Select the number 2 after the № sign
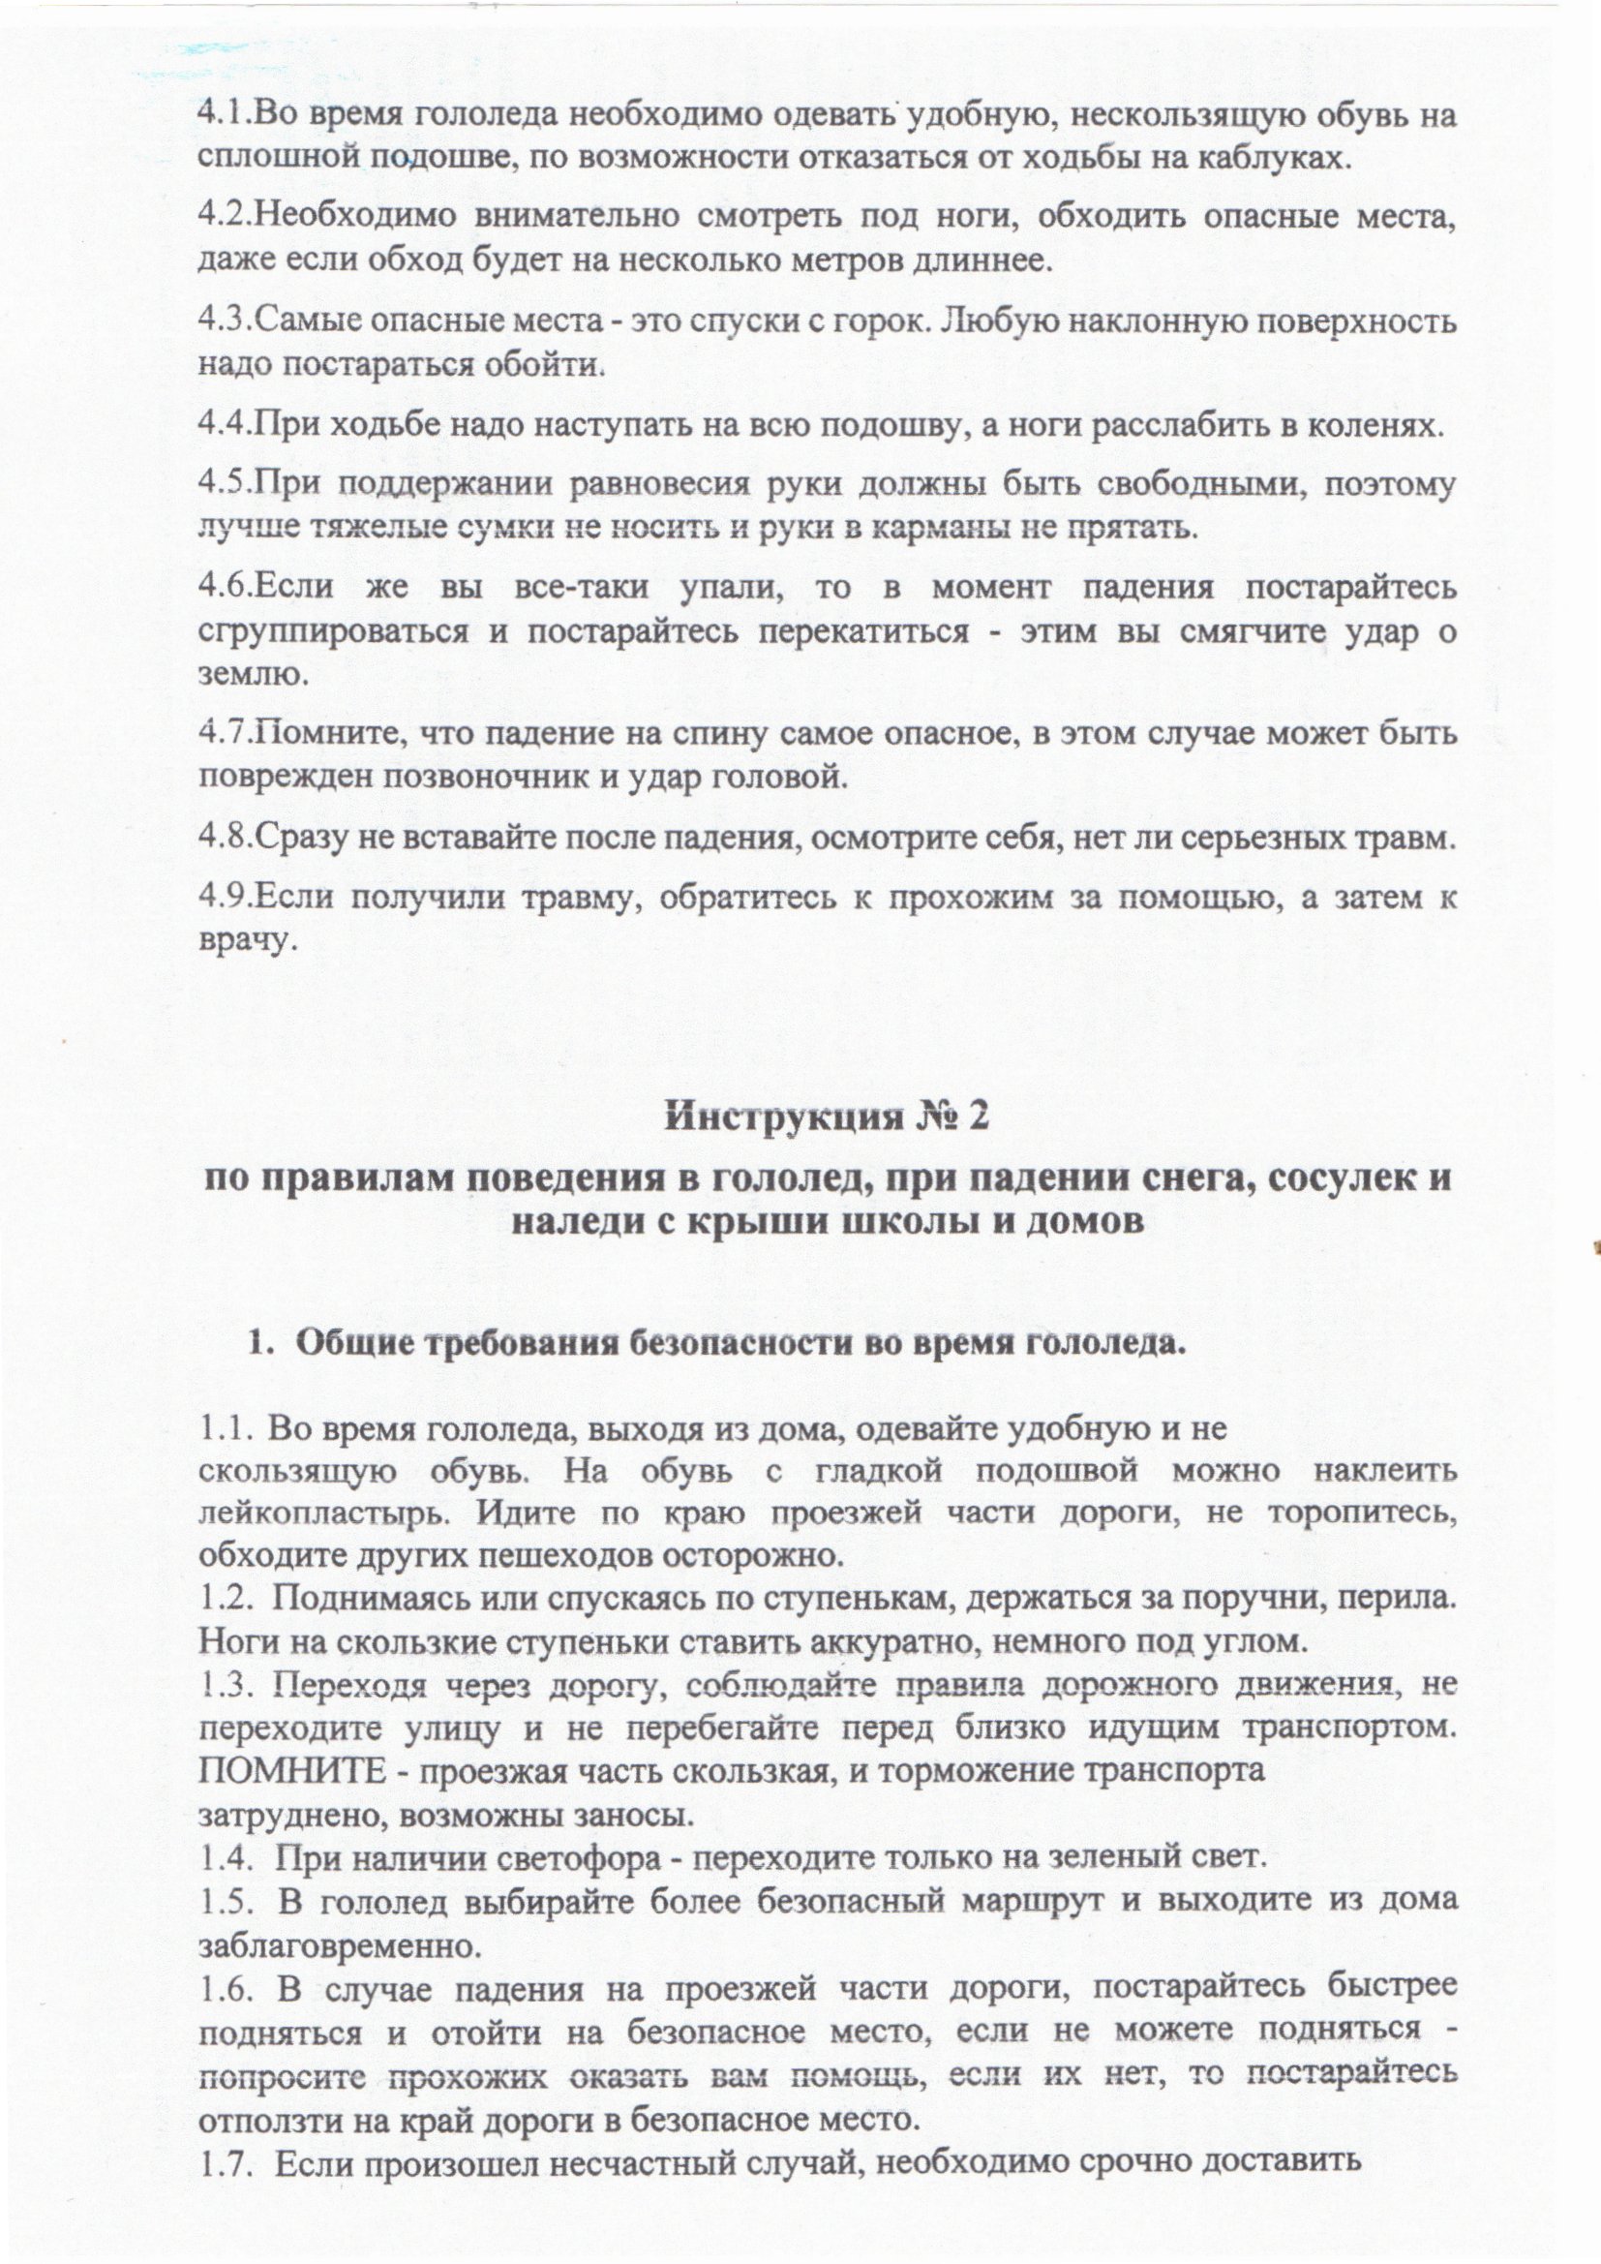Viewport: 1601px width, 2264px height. point(975,1117)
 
